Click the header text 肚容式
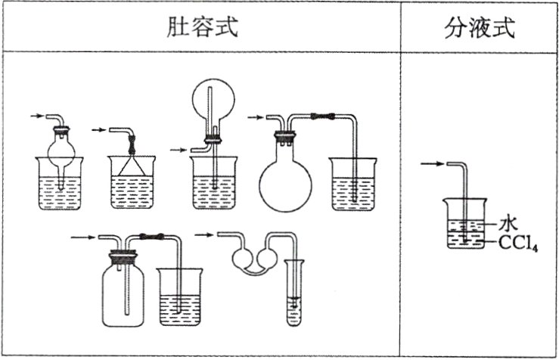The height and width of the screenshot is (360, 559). point(202,28)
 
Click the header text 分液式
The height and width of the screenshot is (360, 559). point(480,28)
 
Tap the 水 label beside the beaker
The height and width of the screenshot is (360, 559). point(508,223)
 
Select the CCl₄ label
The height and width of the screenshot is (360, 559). point(522,242)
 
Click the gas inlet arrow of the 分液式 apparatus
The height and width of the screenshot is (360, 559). point(431,163)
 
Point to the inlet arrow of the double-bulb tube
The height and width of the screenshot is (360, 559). point(203,234)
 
